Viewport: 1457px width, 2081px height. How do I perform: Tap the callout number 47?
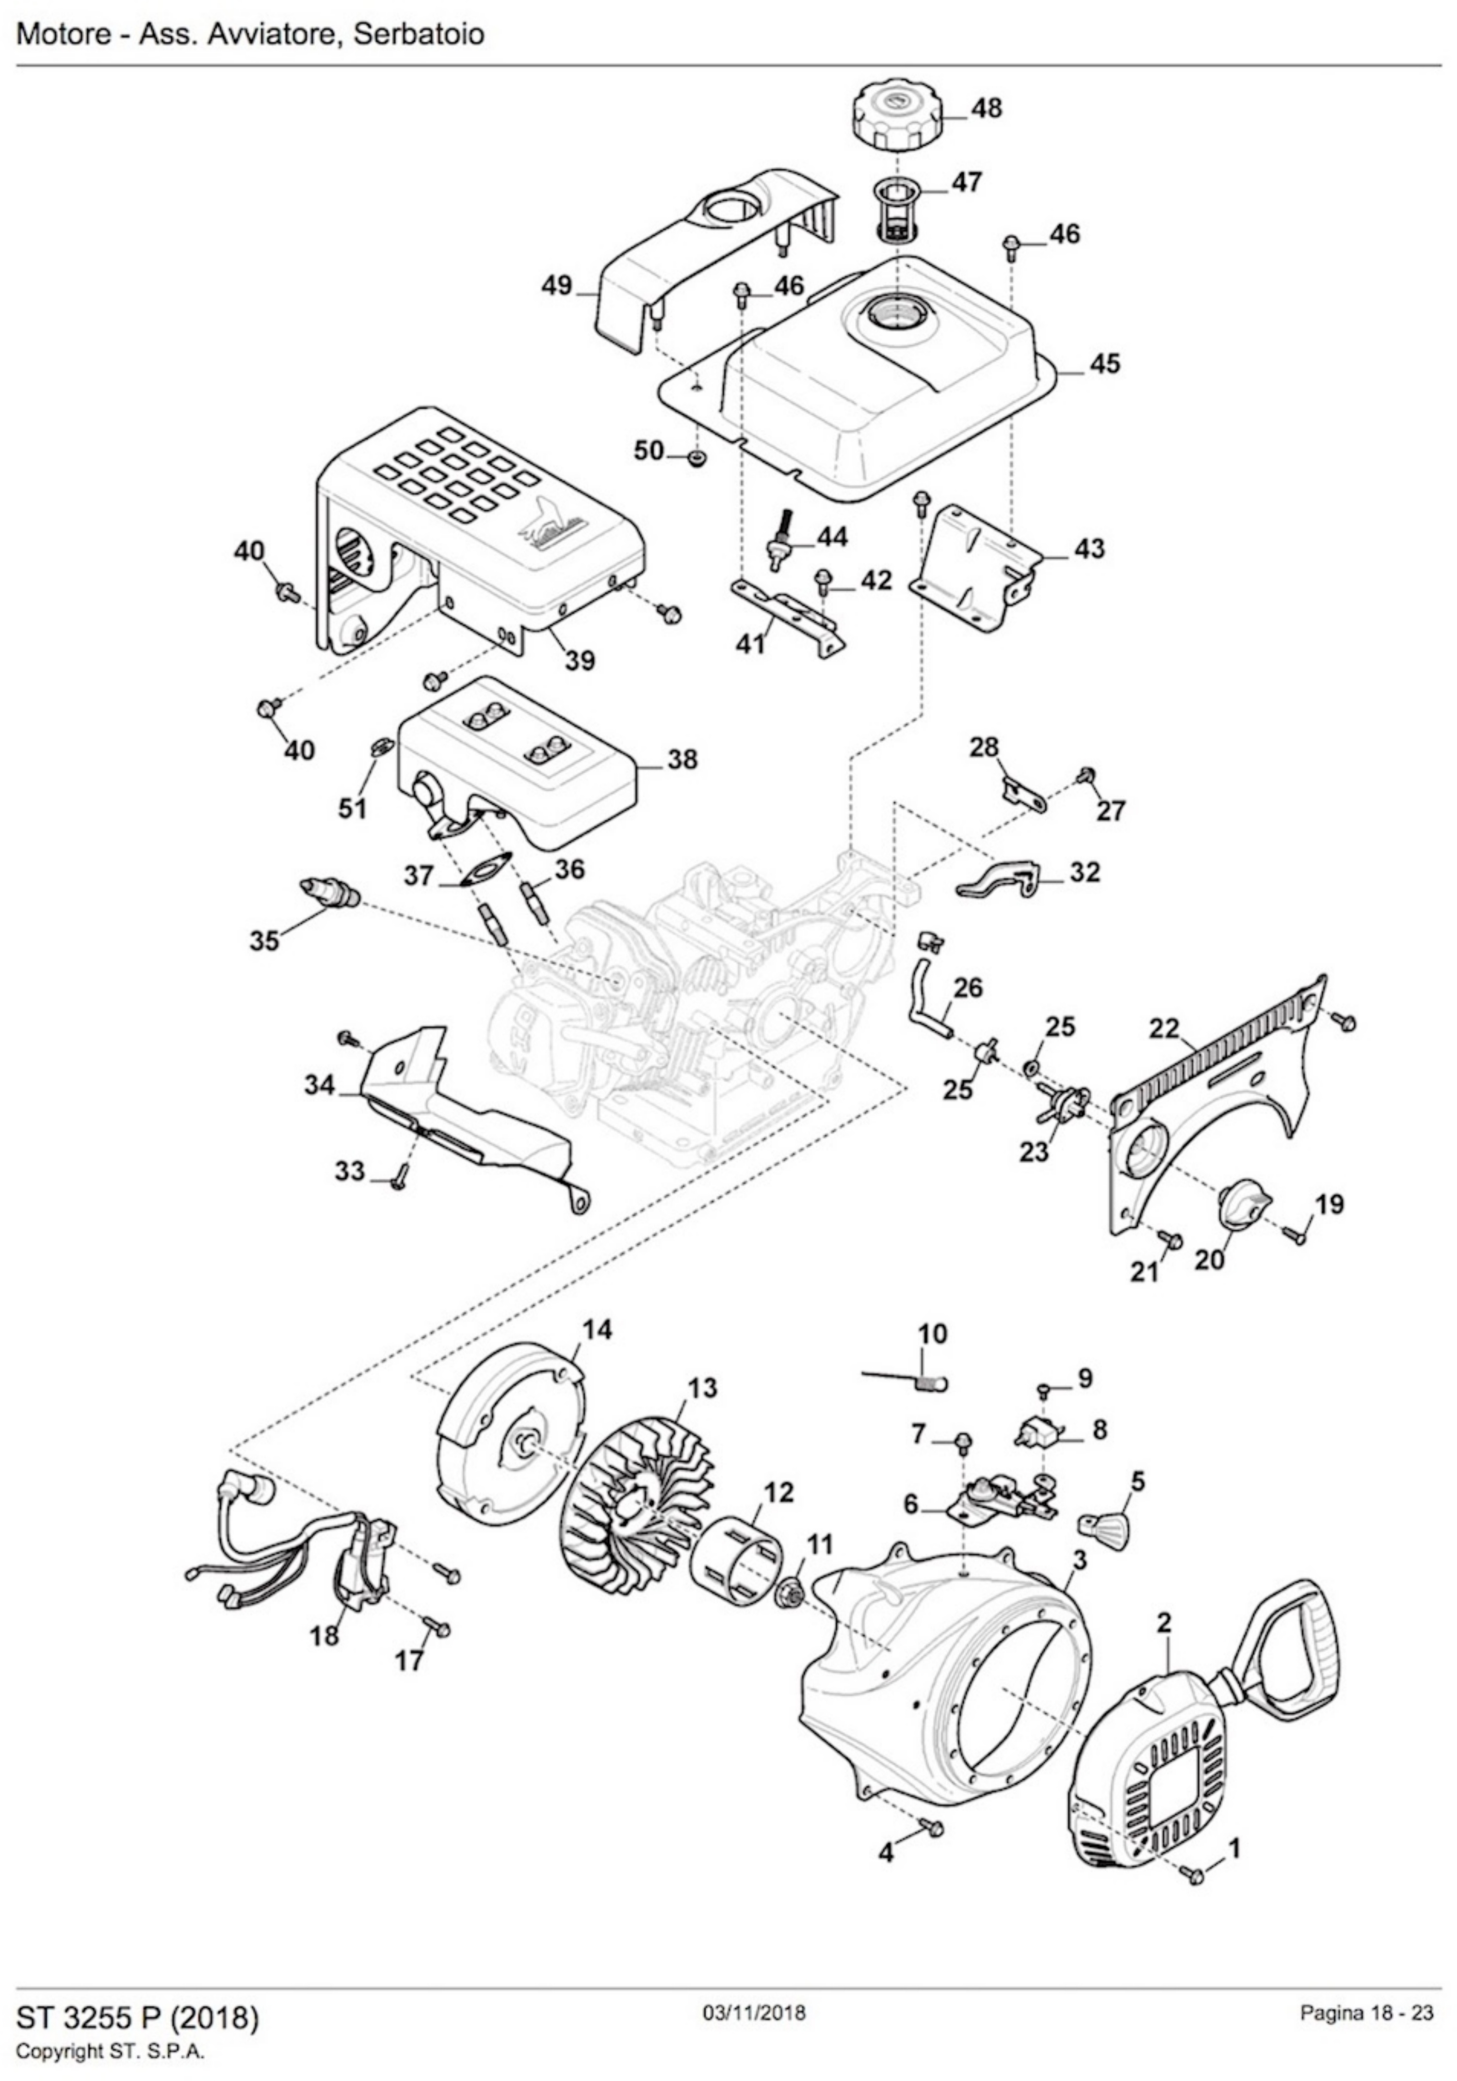(x=966, y=182)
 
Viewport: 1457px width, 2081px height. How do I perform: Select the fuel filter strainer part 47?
(x=896, y=210)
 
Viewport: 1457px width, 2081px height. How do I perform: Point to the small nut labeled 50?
(x=697, y=457)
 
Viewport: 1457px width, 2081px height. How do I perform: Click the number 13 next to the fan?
(x=702, y=1388)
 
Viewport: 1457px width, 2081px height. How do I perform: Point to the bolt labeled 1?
(x=1196, y=1871)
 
